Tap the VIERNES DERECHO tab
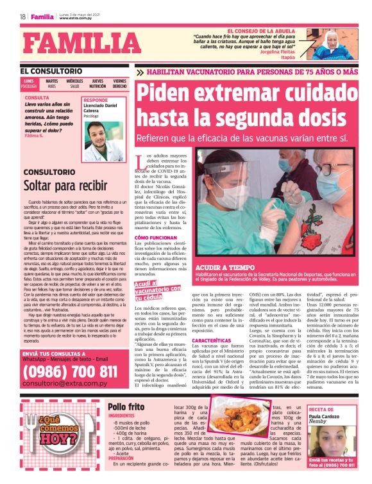coord(119,84)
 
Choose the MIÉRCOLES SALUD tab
coord(74,84)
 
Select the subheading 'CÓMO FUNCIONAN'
coord(156,237)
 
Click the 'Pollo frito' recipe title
coord(126,407)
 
